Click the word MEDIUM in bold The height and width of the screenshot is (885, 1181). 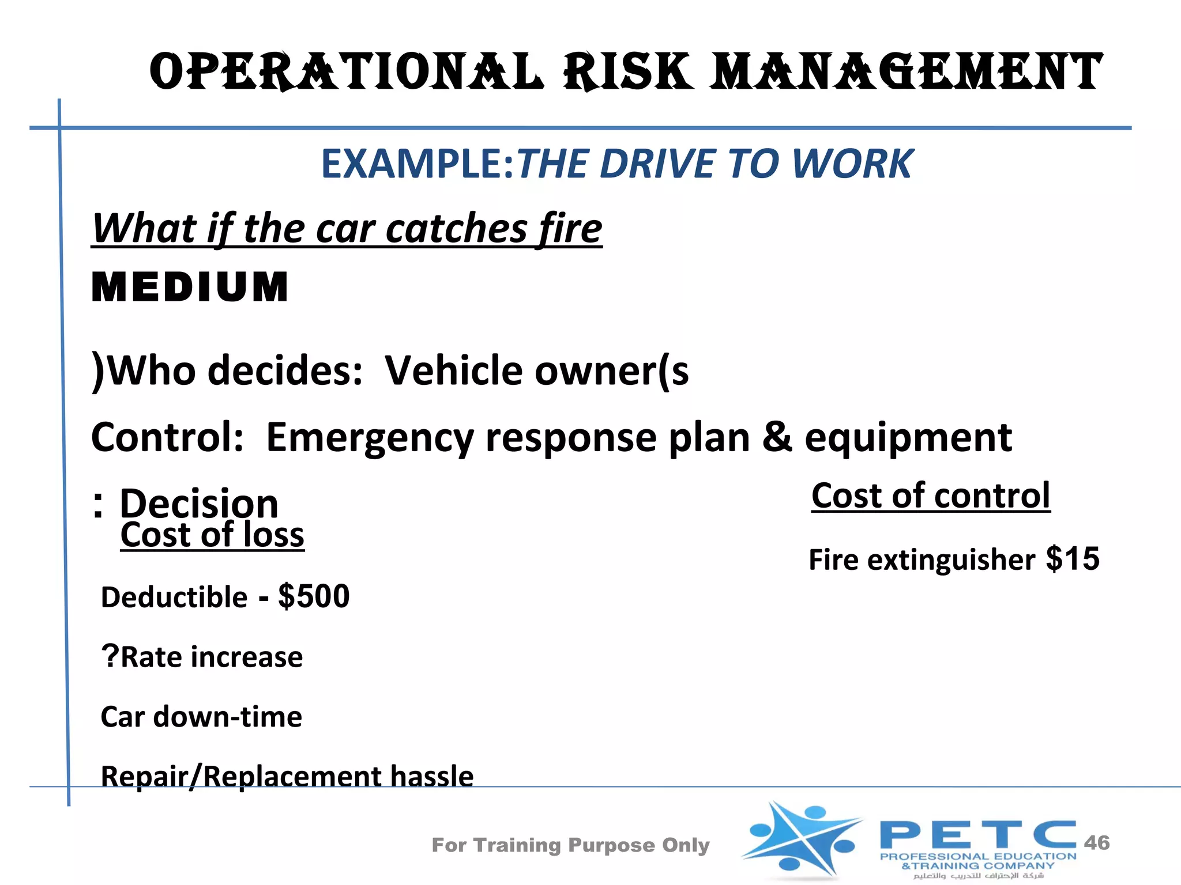(190, 287)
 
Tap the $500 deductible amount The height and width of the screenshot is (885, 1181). (314, 596)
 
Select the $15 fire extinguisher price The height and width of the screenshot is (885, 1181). (1073, 558)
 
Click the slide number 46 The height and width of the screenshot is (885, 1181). (1096, 842)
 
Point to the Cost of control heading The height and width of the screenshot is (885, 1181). (931, 496)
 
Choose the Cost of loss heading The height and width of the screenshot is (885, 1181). (212, 535)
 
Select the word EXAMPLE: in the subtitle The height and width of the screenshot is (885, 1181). (417, 164)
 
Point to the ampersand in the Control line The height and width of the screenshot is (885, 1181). (777, 437)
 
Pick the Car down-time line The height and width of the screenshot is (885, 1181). (201, 717)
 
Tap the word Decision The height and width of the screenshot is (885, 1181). (199, 503)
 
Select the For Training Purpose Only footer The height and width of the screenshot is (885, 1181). (570, 845)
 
